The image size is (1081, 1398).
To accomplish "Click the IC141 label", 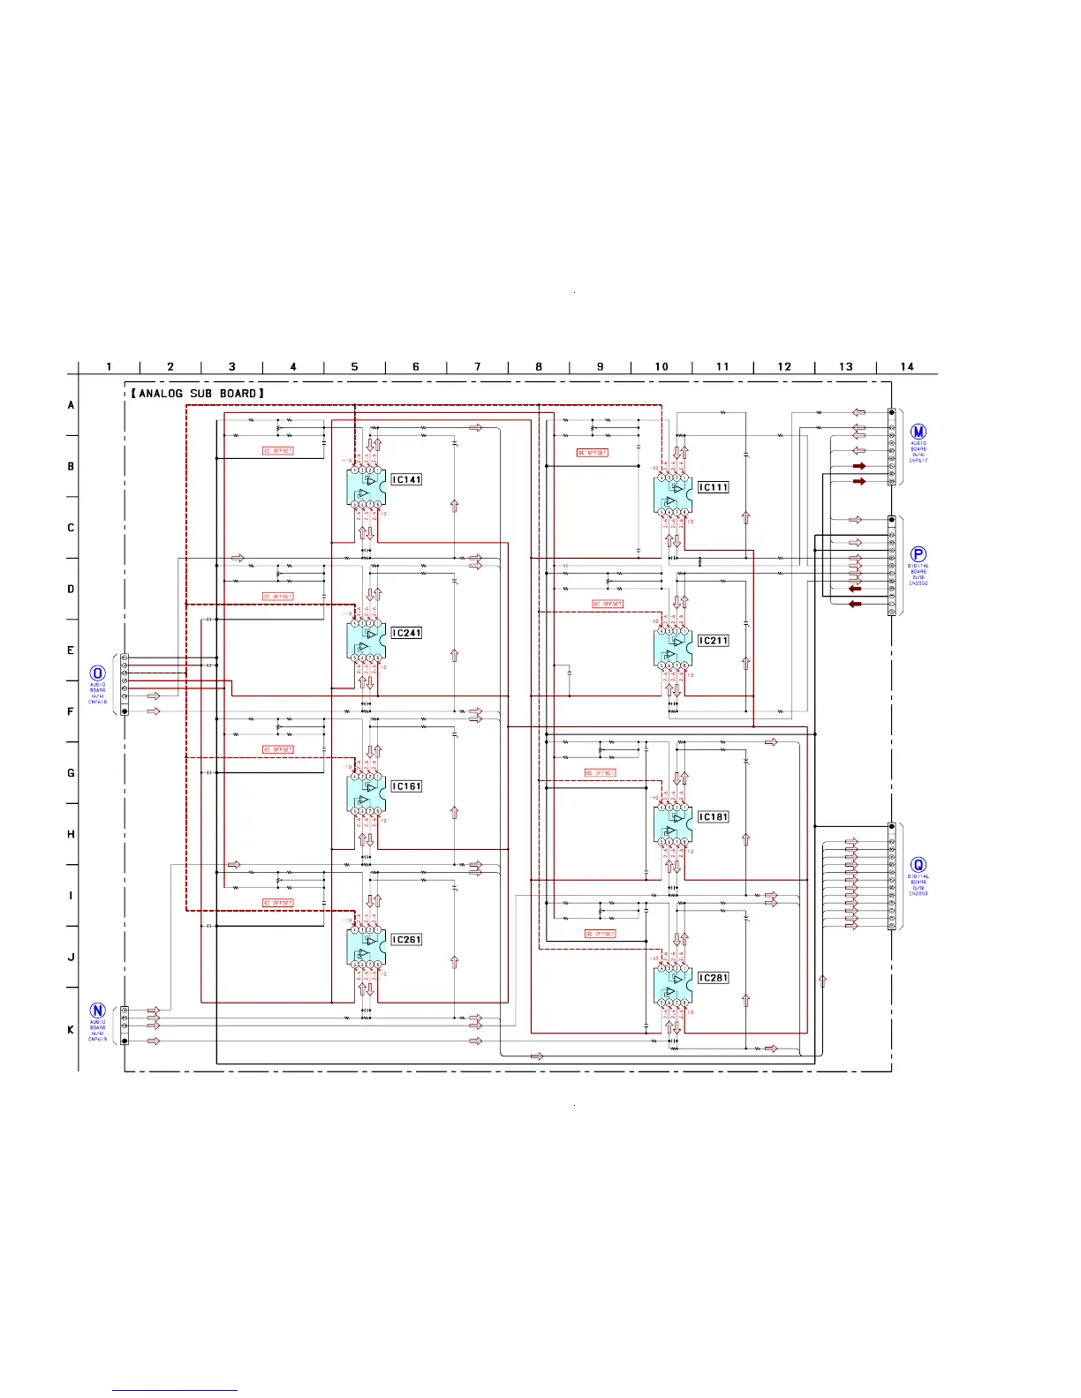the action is point(406,480).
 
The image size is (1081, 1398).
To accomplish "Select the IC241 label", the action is point(406,633).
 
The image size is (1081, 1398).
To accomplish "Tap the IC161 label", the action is point(406,786).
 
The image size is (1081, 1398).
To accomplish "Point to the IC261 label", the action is point(406,940).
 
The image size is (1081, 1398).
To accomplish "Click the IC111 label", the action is point(713,487).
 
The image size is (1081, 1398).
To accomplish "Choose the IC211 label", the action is point(713,641).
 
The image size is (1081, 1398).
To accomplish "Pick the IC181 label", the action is point(713,817).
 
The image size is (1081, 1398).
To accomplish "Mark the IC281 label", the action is point(713,978).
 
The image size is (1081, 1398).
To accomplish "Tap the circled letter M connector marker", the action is point(918,432).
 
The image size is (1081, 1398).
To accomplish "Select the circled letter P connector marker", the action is point(918,555).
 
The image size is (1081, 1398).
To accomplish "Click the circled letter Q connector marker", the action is point(918,866).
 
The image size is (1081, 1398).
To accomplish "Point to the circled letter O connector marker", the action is point(98,674).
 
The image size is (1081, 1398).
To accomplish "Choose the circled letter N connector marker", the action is point(98,1011).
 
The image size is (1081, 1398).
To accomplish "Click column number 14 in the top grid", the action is point(907,367).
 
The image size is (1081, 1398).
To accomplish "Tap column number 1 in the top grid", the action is point(109,367).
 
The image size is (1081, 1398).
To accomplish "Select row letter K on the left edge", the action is point(71,1030).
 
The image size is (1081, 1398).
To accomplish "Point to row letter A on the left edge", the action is point(71,406).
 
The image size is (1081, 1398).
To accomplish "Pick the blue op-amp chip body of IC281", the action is point(672,986).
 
